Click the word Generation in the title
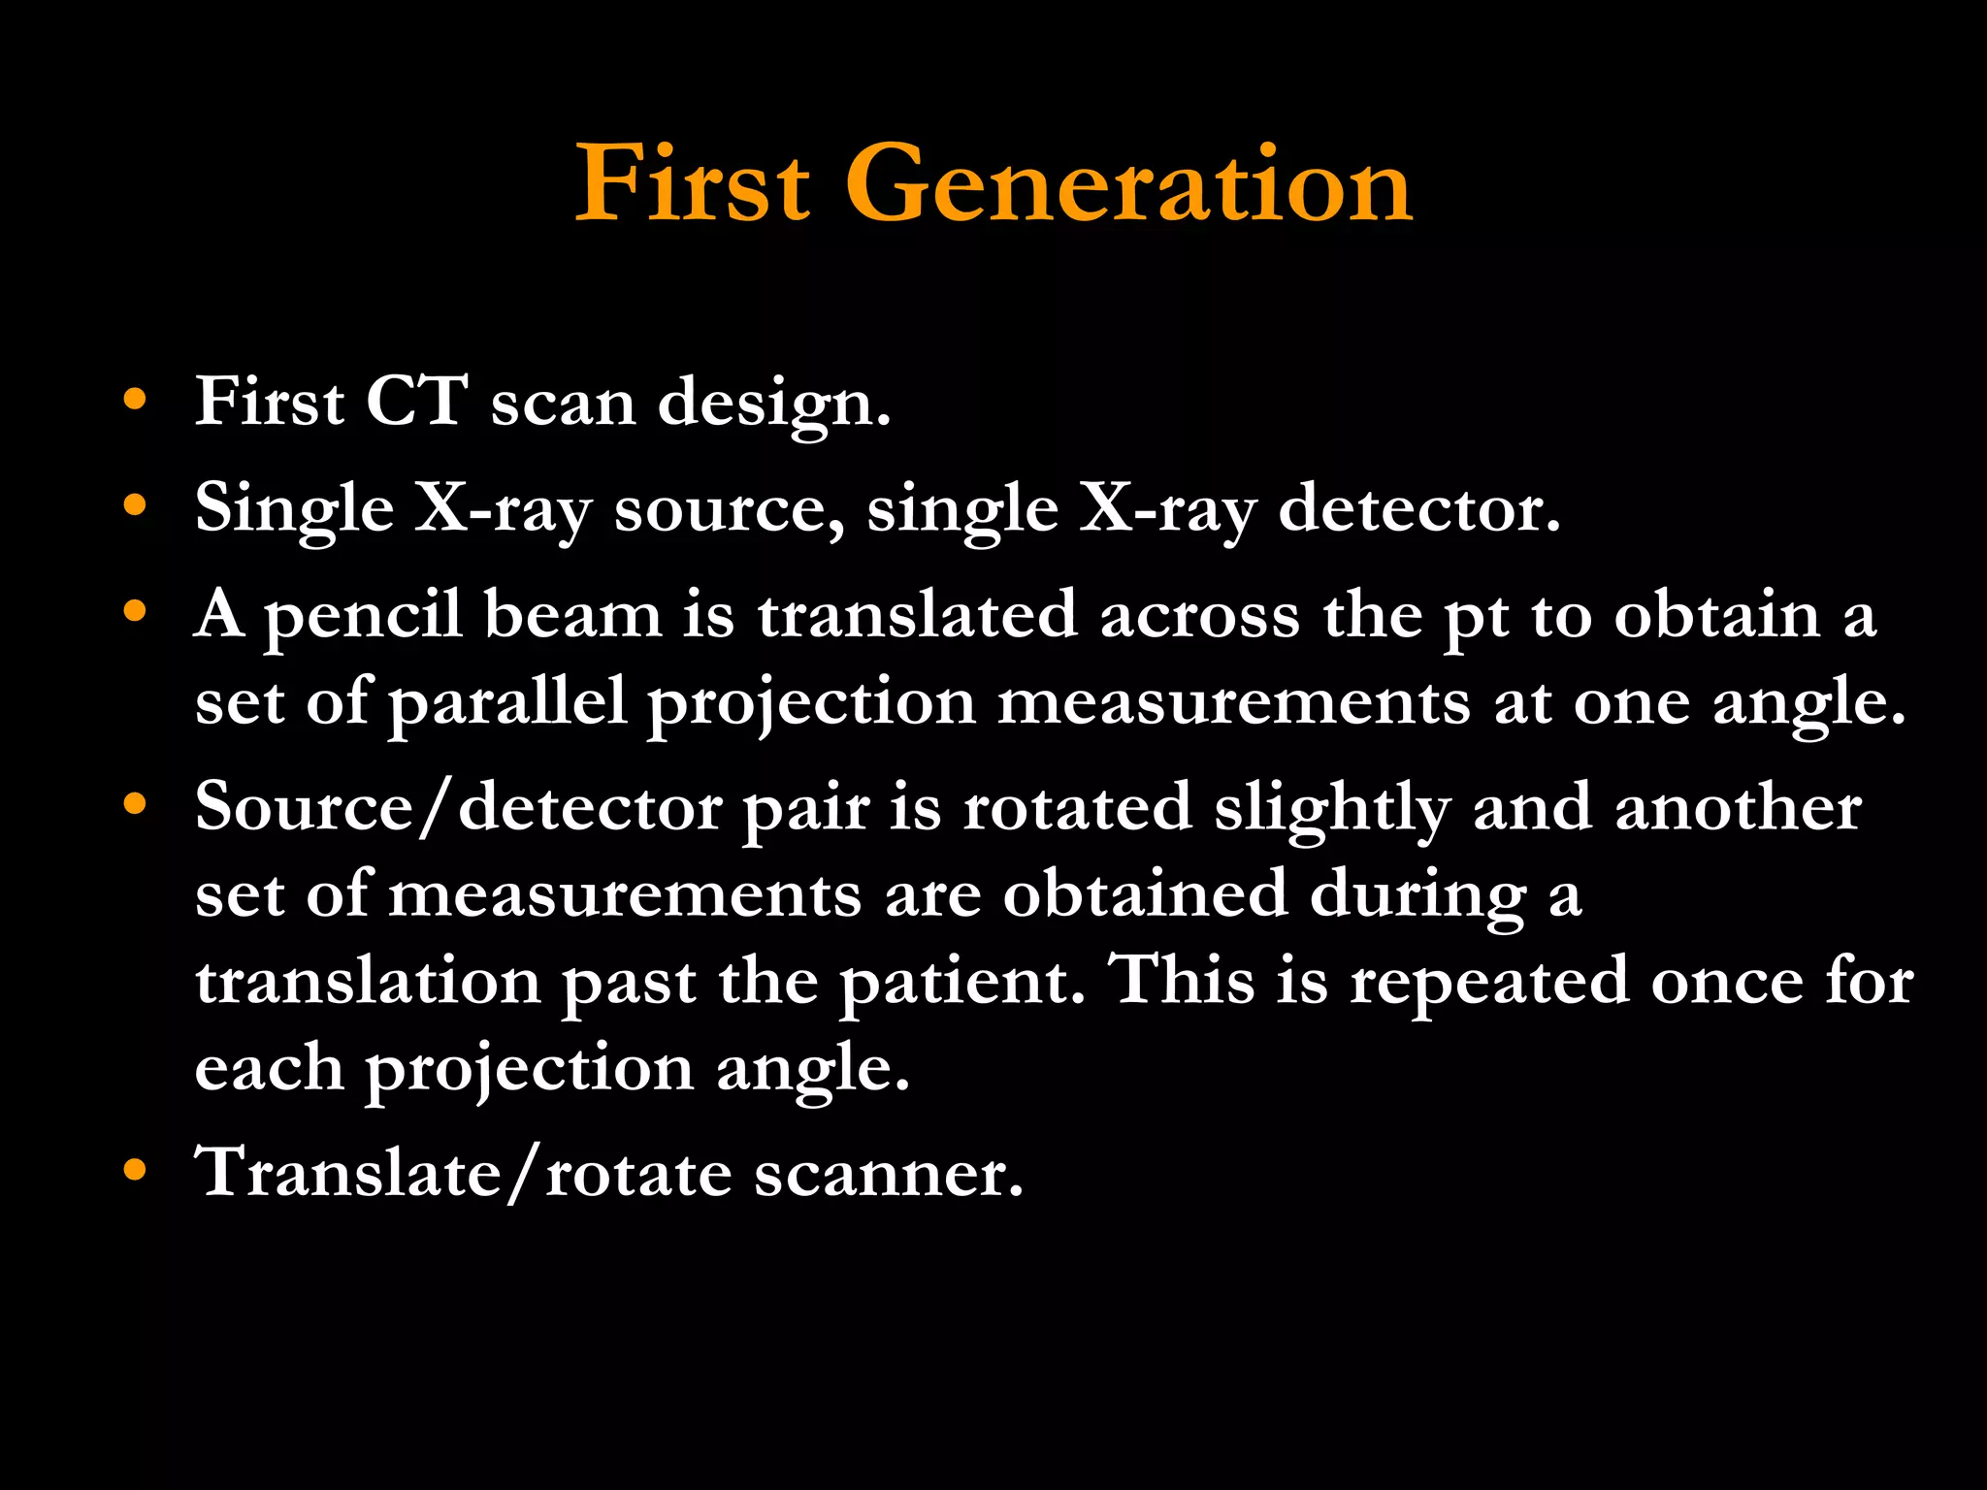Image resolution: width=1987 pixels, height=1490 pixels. pyautogui.click(x=1128, y=184)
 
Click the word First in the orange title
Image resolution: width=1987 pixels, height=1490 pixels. pyautogui.click(x=692, y=184)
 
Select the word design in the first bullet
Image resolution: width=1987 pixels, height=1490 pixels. pyautogui.click(x=773, y=404)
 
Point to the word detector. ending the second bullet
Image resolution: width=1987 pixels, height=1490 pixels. pyautogui.click(x=1418, y=508)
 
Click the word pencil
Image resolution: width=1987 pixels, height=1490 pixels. pyautogui.click(x=363, y=617)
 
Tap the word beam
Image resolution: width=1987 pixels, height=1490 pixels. pyautogui.click(x=572, y=615)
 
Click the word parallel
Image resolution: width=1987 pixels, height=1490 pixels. pyautogui.click(x=507, y=704)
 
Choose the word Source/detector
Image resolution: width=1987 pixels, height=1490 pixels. pyautogui.click(x=458, y=807)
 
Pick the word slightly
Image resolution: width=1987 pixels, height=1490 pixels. pyautogui.click(x=1332, y=809)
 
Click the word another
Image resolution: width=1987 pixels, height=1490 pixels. pyautogui.click(x=1738, y=807)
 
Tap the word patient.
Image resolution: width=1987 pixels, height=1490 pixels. pyautogui.click(x=961, y=982)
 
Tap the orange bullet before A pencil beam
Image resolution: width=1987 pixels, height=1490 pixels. pyautogui.click(x=135, y=611)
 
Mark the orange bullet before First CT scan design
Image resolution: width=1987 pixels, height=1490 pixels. pyautogui.click(x=135, y=399)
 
